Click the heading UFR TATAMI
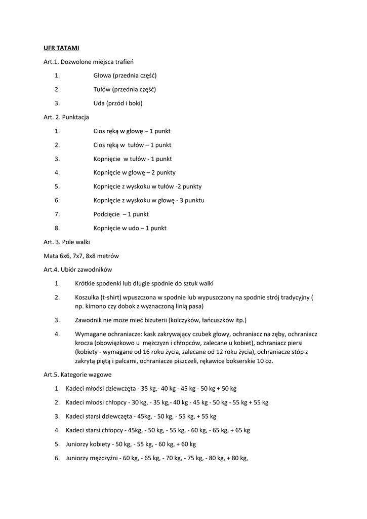(x=61, y=48)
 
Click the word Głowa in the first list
(x=102, y=76)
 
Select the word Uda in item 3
(x=99, y=103)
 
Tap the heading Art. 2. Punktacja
(x=66, y=117)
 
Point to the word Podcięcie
(x=106, y=214)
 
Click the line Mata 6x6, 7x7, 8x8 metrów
(x=81, y=256)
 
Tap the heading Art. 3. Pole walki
(x=67, y=242)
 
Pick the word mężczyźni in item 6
(x=103, y=458)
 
